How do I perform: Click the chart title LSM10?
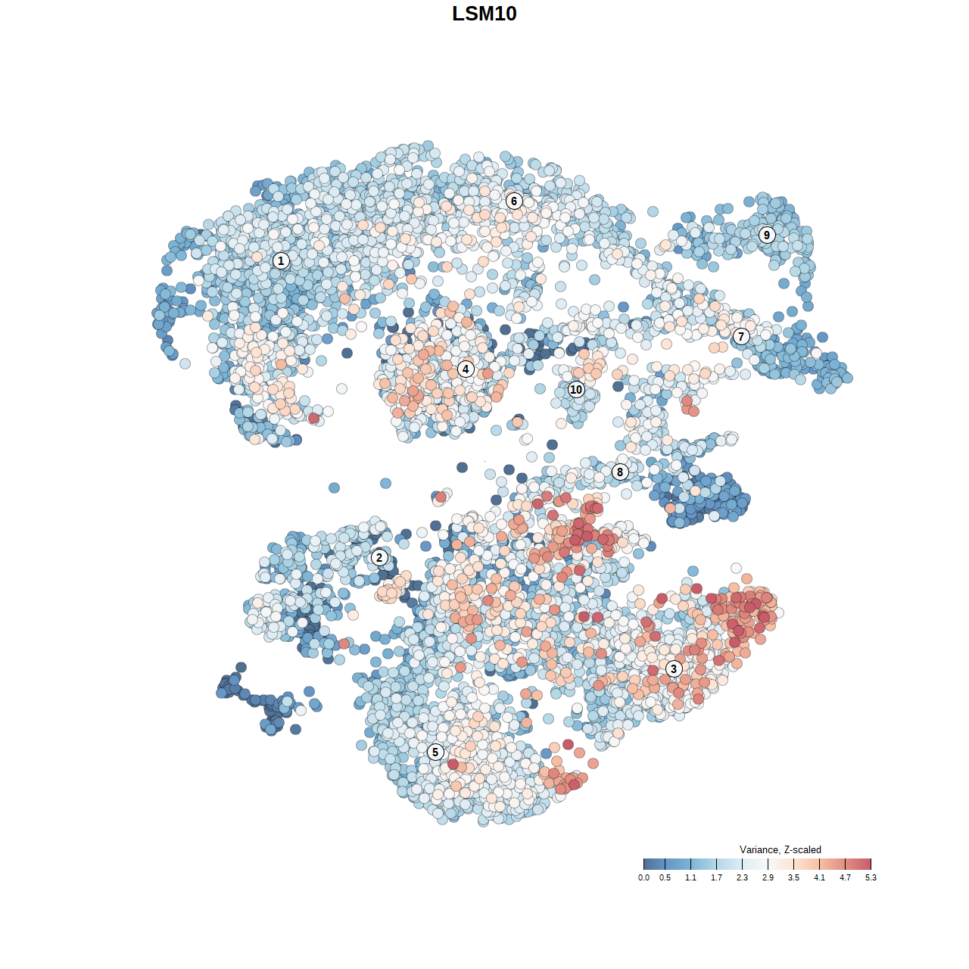[484, 14]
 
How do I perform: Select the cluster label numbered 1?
[281, 260]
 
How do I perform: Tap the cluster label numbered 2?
[379, 558]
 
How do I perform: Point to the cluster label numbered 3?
[674, 668]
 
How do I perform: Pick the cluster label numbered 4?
[466, 369]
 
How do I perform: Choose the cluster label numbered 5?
[435, 752]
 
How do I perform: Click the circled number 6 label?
[514, 201]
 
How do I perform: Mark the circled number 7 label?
[741, 336]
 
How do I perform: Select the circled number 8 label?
[620, 472]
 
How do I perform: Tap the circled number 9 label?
[767, 235]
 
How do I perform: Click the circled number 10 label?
[576, 389]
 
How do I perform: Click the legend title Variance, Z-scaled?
[780, 849]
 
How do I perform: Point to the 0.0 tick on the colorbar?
[643, 877]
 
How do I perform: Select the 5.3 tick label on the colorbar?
[871, 877]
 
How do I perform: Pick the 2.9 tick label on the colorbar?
[768, 877]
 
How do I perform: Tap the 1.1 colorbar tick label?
[690, 877]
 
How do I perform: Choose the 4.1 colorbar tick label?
[819, 877]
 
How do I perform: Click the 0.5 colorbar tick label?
[665, 877]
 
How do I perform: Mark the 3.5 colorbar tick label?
[793, 877]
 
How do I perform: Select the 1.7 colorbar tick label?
[716, 877]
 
